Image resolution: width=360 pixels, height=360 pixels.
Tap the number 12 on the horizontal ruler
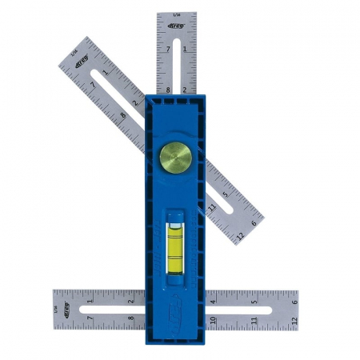(x=294, y=321)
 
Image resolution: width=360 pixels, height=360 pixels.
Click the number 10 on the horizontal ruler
(x=214, y=321)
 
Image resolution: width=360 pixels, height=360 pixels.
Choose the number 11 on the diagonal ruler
(x=210, y=208)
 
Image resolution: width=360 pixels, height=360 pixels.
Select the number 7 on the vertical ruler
(x=168, y=49)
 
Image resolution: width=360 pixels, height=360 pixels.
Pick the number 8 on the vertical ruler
(x=168, y=89)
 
